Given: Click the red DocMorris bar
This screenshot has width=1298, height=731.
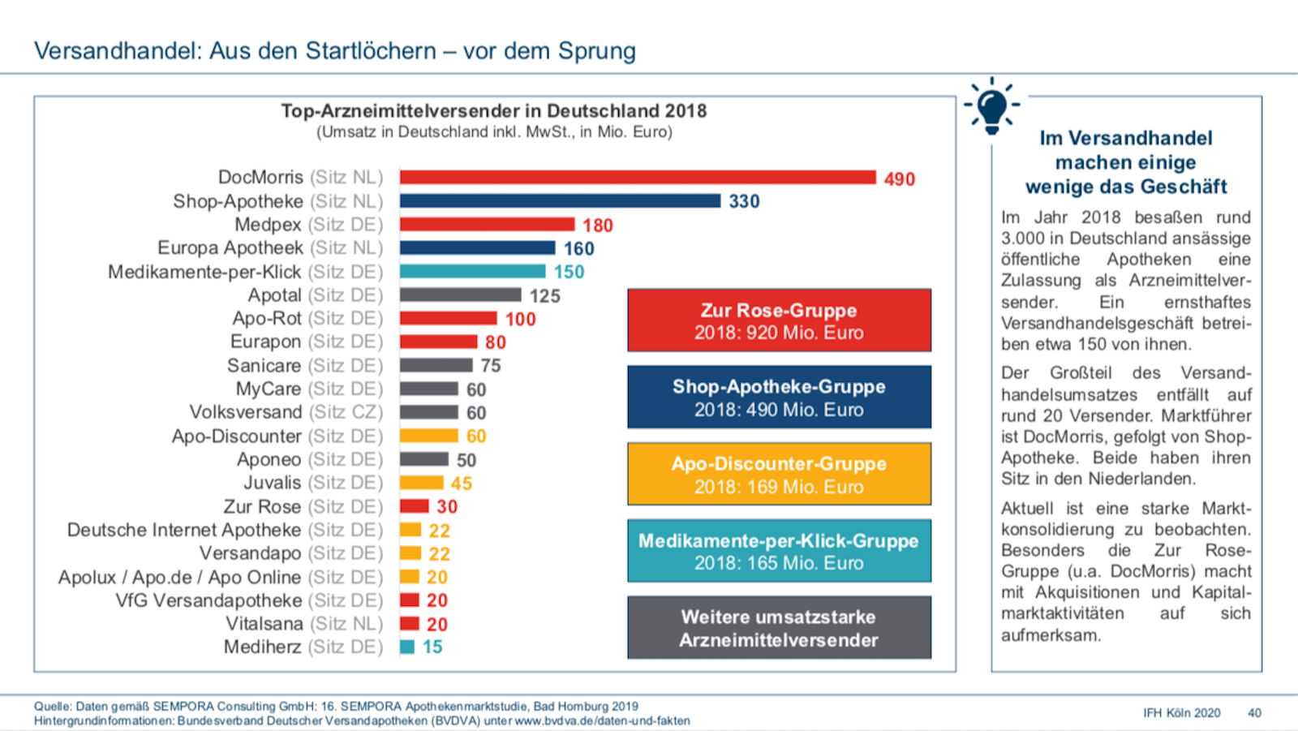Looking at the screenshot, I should (638, 178).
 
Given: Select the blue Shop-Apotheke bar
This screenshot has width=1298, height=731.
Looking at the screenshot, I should (560, 201).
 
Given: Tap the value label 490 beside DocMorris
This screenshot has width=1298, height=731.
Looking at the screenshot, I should (899, 179).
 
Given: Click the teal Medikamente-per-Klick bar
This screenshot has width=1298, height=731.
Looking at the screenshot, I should (472, 271).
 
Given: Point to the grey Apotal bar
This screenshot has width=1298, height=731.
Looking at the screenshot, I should (460, 295).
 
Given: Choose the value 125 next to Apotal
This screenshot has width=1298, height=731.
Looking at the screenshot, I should (545, 296).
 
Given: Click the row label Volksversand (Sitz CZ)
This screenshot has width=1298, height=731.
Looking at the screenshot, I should (286, 412).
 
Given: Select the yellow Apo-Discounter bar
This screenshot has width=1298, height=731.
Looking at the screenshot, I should (429, 436).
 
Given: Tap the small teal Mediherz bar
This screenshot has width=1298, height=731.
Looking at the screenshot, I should (407, 647).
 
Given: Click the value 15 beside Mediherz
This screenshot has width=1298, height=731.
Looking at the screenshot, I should (432, 647).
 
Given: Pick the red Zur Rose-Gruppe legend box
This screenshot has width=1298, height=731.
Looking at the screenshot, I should (779, 320).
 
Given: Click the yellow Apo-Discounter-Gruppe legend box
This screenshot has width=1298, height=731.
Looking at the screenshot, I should (779, 475).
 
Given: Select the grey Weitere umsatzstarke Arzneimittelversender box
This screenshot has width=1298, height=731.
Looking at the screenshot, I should (779, 628).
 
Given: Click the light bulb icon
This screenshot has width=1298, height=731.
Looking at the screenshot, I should (991, 106).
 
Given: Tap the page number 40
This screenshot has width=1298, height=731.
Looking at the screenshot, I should (1254, 713).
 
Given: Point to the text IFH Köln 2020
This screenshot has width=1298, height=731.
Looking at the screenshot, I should (1181, 713).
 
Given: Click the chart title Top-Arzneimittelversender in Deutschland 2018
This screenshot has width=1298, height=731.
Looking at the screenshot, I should (493, 111).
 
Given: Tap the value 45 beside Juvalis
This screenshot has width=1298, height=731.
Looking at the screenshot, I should (462, 484).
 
